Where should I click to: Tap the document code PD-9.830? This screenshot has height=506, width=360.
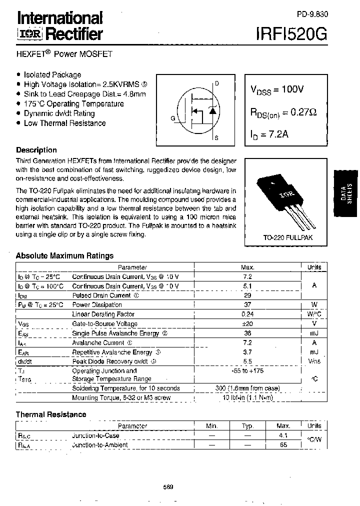coord(311,14)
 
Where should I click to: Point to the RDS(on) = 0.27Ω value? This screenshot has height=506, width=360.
coord(283,113)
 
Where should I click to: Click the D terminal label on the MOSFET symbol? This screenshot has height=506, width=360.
coord(216,83)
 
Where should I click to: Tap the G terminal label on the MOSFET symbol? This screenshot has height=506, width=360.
coord(173,118)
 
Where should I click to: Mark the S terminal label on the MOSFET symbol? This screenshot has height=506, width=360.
coord(216,137)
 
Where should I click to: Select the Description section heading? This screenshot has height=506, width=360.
coord(36,150)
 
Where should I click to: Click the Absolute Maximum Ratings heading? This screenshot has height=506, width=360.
coord(64,255)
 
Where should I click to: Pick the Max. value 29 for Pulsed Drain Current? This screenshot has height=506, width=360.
coord(247,295)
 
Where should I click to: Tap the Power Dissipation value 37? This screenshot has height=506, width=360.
coord(247,304)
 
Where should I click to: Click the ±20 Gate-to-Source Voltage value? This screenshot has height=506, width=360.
coord(247,323)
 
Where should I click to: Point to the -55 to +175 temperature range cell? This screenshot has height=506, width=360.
coord(247,370)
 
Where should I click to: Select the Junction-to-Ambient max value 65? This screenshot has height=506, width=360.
coord(283,444)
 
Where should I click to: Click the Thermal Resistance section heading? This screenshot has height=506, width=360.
coord(51,414)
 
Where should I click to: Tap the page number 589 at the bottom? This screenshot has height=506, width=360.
coord(168,487)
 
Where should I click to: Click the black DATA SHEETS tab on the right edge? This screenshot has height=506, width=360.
coord(345,192)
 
